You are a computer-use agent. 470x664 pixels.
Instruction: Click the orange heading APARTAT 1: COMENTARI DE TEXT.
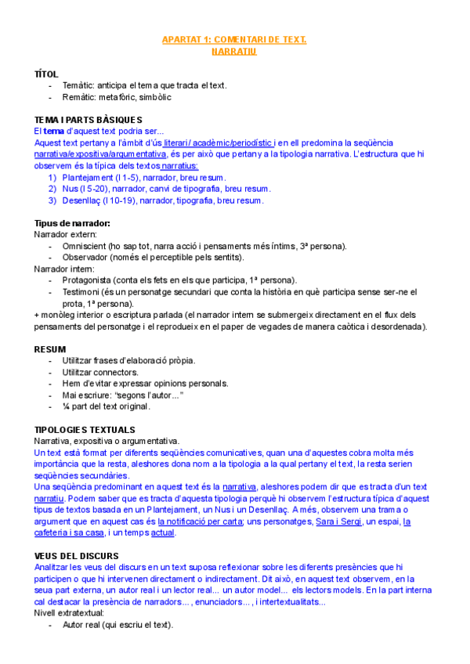pyautogui.click(x=234, y=39)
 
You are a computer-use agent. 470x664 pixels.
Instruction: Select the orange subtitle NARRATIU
pyautogui.click(x=234, y=51)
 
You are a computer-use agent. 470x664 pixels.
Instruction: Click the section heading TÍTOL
pyautogui.click(x=46, y=74)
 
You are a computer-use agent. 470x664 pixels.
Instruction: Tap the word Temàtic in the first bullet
pyautogui.click(x=78, y=85)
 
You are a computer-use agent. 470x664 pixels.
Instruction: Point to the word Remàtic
pyautogui.click(x=79, y=97)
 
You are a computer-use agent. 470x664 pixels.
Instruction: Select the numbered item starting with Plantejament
pyautogui.click(x=141, y=178)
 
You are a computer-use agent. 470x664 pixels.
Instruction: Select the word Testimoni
pyautogui.click(x=81, y=292)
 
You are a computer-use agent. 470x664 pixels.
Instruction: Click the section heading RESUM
pyautogui.click(x=50, y=348)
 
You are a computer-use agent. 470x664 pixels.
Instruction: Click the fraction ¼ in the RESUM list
pyautogui.click(x=66, y=406)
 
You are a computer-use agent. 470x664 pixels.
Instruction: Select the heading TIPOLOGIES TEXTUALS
pyautogui.click(x=85, y=430)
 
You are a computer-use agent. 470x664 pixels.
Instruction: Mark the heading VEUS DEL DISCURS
pyautogui.click(x=76, y=556)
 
